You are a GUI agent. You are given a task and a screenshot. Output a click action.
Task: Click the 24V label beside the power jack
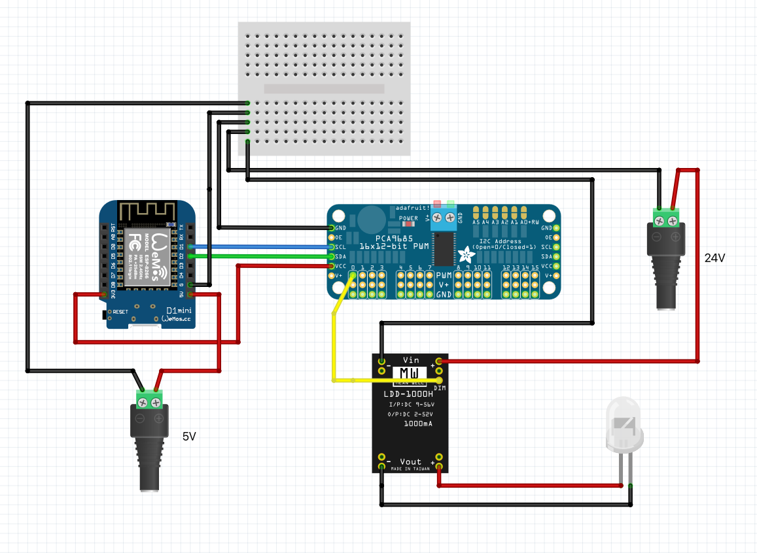(714, 258)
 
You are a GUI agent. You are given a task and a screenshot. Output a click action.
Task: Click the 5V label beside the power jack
(189, 436)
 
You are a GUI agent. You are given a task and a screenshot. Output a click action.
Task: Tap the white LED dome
(625, 425)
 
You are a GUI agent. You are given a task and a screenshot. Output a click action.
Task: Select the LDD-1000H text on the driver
(408, 394)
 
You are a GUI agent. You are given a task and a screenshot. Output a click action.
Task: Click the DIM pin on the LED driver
(439, 380)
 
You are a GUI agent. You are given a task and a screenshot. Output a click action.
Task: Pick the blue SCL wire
(262, 247)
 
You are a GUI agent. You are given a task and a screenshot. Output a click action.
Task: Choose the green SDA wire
(262, 256)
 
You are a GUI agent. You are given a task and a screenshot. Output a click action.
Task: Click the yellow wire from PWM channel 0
(334, 340)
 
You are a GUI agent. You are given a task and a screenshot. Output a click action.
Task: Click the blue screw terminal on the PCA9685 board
(444, 216)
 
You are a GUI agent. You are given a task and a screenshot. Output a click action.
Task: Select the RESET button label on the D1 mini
(120, 312)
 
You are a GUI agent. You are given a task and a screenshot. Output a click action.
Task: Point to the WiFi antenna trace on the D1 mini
(147, 210)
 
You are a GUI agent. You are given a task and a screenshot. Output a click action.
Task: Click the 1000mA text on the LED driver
(417, 424)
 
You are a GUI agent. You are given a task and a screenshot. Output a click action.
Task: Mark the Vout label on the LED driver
(411, 462)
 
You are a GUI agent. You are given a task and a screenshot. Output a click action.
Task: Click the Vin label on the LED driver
(411, 360)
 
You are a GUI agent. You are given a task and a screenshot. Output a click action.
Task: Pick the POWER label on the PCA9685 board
(408, 218)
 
